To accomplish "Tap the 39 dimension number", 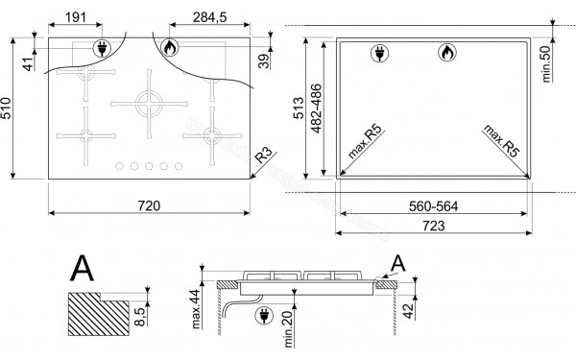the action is point(261,61).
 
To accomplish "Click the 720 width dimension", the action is point(149,205).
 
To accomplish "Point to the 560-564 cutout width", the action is point(432,205).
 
